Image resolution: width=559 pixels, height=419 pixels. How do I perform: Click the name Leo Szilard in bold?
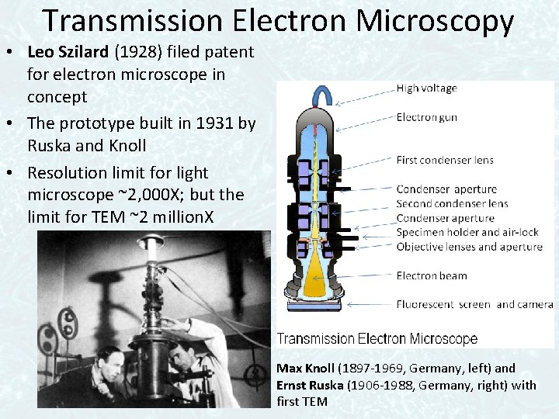tap(64, 53)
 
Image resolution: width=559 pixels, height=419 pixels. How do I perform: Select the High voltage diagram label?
tap(426, 88)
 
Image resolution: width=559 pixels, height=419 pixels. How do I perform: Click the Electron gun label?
tap(426, 118)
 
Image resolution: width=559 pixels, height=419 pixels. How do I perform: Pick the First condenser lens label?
tap(444, 161)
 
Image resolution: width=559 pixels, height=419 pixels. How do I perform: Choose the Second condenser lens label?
tap(452, 203)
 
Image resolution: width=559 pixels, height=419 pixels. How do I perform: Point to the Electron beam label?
tap(431, 275)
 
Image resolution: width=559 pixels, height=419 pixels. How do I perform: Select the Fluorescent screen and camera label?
tap(474, 304)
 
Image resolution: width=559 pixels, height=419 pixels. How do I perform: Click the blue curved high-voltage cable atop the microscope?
tap(321, 94)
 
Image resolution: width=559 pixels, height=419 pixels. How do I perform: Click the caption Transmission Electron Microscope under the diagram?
tap(377, 339)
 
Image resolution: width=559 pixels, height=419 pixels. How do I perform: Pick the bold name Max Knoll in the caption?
tap(305, 368)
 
